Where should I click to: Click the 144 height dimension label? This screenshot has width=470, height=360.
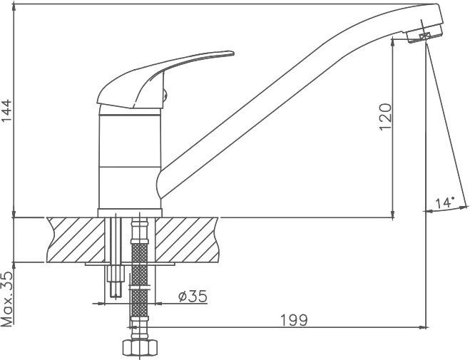tap(6, 110)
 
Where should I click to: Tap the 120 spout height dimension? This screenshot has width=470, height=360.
tap(385, 117)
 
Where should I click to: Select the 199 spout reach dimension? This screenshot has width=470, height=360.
tap(294, 320)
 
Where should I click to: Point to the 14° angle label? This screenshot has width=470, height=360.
tap(446, 202)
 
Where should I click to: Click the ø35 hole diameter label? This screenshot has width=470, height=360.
tap(193, 297)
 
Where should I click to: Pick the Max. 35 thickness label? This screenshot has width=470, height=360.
tap(7, 299)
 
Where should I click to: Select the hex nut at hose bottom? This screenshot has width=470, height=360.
tap(140, 348)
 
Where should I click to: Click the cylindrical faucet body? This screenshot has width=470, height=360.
tap(130, 159)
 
